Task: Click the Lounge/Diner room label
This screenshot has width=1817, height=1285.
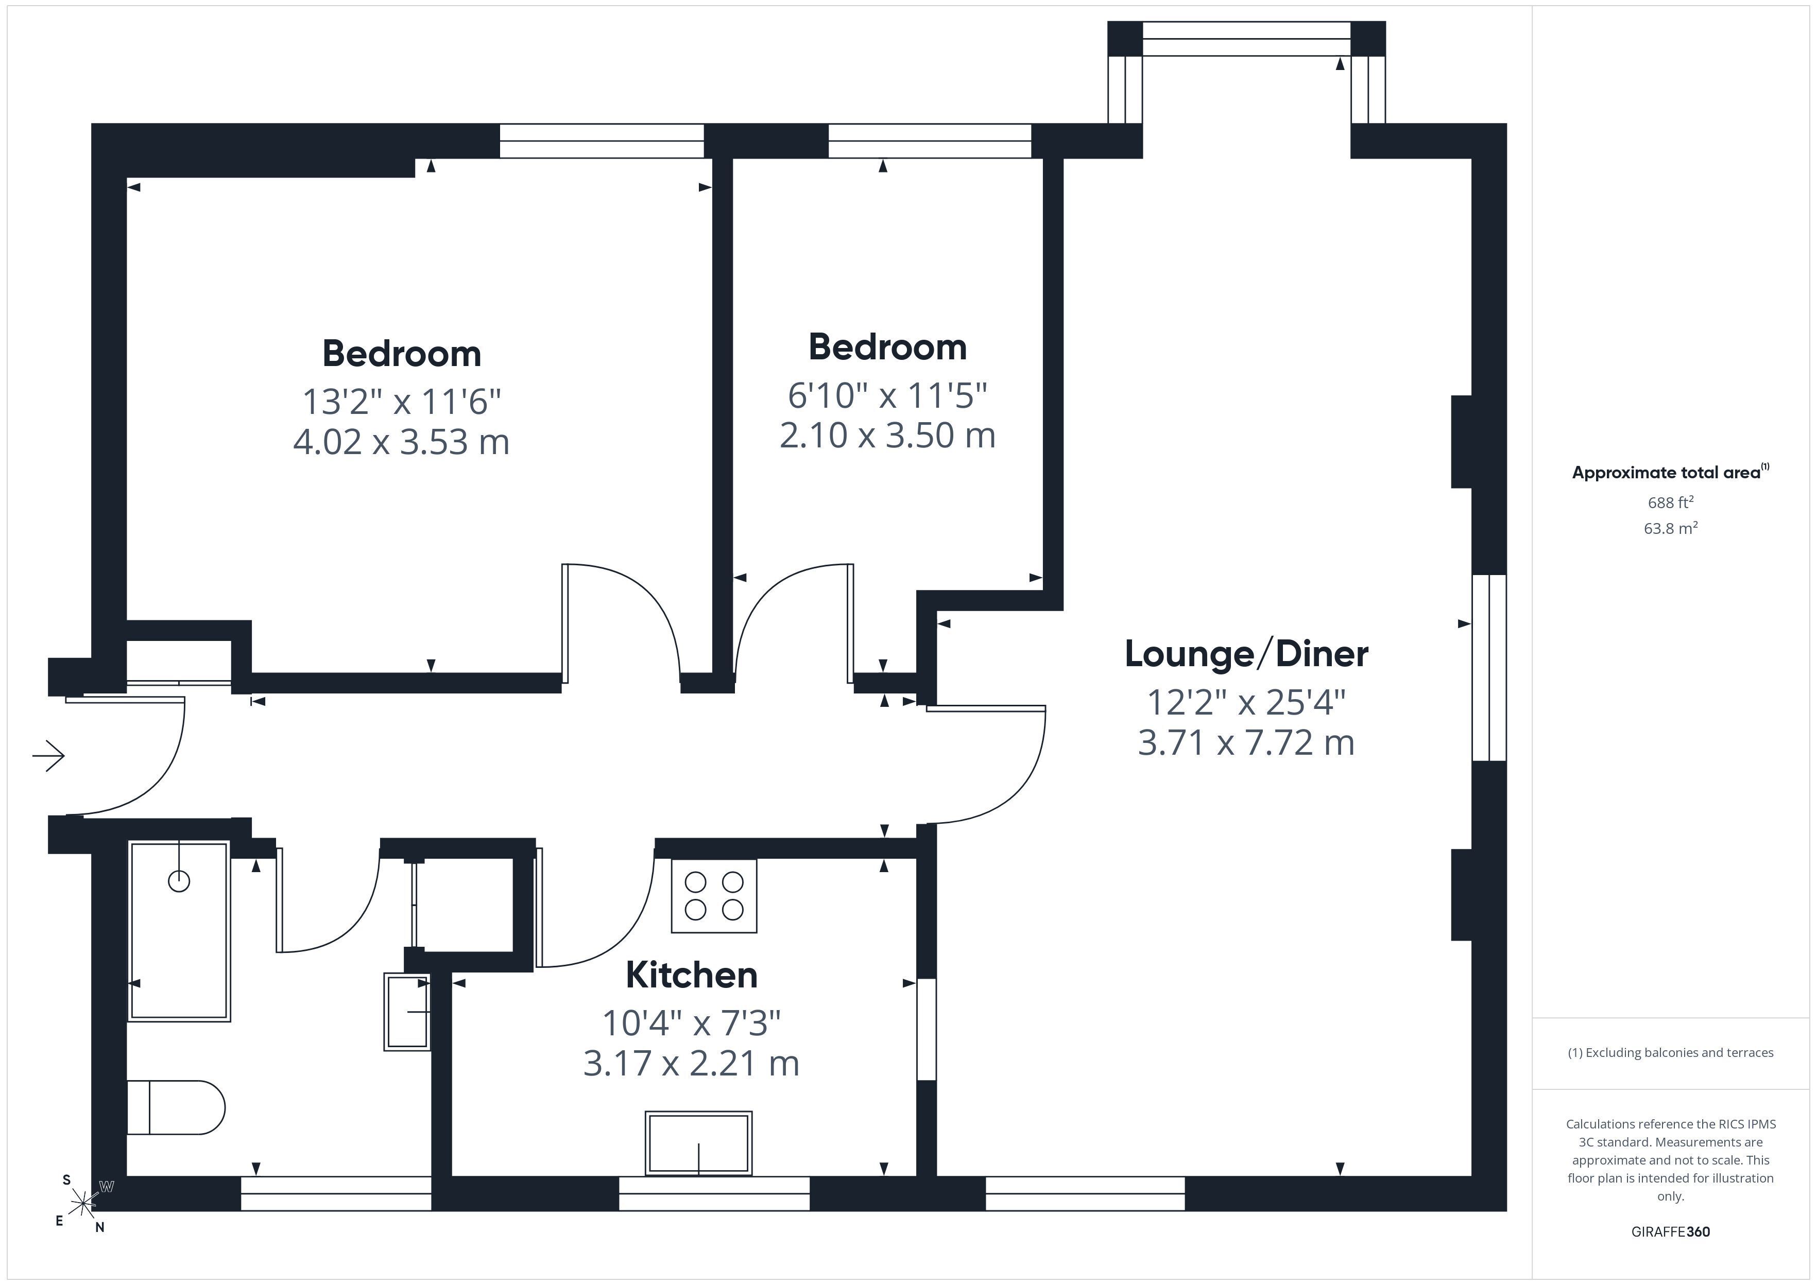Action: click(1246, 654)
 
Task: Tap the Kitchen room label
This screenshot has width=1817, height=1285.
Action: click(692, 975)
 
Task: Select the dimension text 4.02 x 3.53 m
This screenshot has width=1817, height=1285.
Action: click(401, 442)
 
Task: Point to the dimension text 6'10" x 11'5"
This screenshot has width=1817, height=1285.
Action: click(887, 395)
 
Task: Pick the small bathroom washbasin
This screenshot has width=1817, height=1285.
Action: click(407, 1011)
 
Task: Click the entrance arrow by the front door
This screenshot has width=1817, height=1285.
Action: click(48, 756)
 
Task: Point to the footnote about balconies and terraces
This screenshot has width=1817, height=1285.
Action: click(1671, 1052)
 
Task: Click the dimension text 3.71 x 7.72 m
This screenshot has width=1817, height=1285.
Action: click(1246, 743)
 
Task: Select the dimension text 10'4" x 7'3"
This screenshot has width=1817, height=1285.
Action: click(692, 1023)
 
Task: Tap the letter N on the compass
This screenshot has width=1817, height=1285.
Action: click(100, 1227)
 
